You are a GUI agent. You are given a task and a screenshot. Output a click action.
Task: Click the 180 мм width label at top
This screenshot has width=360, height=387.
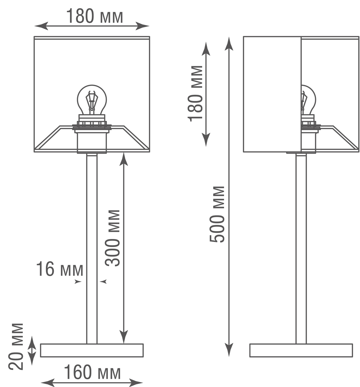tap(95, 16)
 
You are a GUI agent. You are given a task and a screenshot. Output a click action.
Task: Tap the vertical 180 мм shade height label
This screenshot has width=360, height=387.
tap(196, 93)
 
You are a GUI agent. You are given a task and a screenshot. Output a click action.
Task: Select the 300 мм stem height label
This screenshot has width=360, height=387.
tap(113, 238)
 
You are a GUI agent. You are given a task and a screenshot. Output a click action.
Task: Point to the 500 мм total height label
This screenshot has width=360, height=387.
tap(217, 214)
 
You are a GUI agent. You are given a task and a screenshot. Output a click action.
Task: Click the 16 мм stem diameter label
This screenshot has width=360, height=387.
tap(59, 270)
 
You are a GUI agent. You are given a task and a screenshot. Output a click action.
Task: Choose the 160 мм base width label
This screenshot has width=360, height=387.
tap(92, 373)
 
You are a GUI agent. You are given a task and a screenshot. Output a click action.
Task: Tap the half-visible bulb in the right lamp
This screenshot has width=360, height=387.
tap(308, 100)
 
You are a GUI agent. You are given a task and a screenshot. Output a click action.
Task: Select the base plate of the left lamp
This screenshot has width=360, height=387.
tap(92, 350)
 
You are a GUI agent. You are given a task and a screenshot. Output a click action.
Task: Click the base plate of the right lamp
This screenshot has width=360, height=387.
tap(301, 350)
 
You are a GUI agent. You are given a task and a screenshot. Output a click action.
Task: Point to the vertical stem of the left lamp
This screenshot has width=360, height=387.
tap(92, 248)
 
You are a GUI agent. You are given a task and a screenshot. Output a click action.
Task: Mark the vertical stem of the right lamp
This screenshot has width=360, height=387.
tap(301, 248)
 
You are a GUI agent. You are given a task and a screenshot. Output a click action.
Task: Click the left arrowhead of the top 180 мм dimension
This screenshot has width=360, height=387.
tap(40, 26)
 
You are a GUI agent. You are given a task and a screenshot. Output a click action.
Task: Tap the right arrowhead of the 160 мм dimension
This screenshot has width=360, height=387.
tap(137, 383)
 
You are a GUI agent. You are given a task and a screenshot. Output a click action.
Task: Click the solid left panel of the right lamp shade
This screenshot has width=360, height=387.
tap(272, 94)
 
